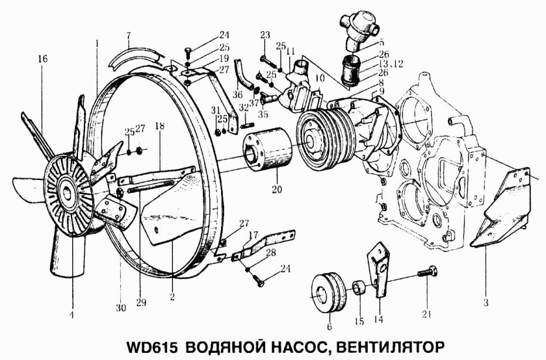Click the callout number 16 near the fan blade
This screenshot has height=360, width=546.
coord(42,58)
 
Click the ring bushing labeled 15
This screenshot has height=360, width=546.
coord(358,285)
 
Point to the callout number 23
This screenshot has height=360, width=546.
coord(265,35)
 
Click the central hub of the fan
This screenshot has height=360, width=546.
coord(68,193)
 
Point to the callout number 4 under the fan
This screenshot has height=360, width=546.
coord(73,316)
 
